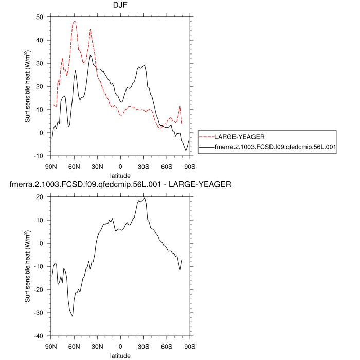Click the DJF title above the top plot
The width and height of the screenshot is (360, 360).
pos(120,6)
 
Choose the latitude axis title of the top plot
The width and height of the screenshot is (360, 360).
pos(120,175)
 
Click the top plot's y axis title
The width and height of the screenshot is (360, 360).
pos(28,86)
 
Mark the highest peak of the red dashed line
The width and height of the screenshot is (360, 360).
pos(75,21)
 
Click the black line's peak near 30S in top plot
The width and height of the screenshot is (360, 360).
pos(145,65)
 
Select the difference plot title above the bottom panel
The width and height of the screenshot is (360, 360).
pos(121,184)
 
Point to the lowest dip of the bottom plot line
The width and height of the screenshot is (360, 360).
pos(73,316)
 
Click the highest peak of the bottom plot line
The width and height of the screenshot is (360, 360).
pos(145,198)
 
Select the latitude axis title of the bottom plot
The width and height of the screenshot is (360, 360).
pos(120,355)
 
